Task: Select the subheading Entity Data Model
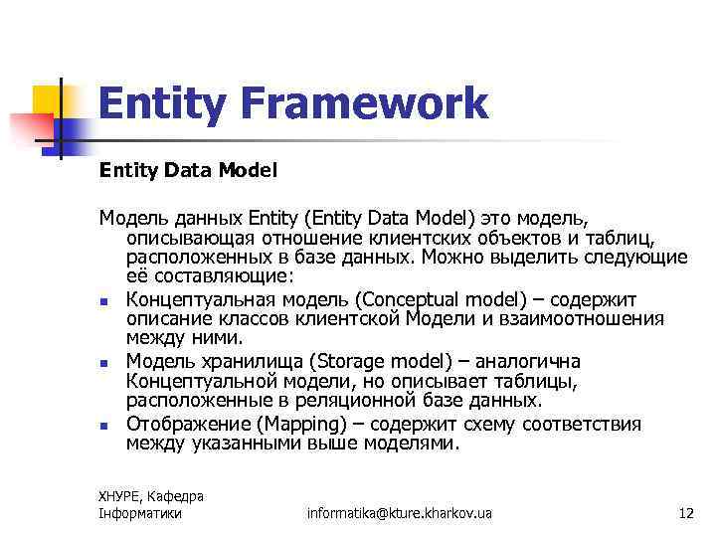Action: [188, 170]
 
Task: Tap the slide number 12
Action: [685, 513]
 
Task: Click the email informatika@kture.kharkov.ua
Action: [400, 513]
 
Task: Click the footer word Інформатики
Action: [140, 513]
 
